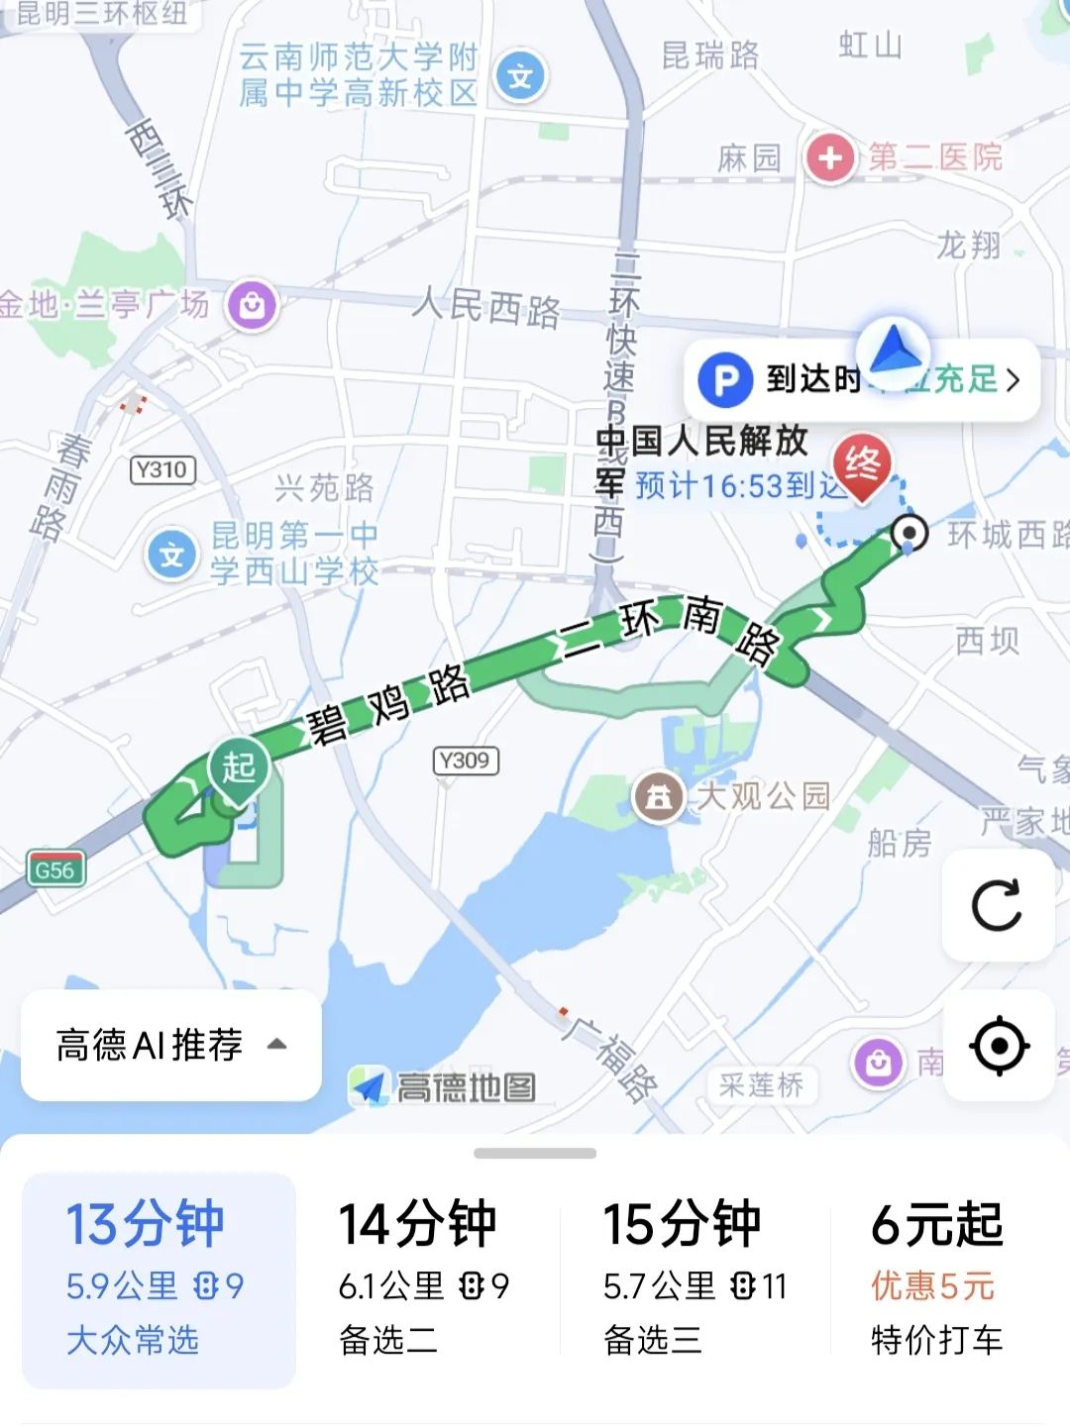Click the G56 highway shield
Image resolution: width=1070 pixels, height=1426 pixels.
click(55, 870)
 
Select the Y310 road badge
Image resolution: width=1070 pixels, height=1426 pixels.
click(162, 469)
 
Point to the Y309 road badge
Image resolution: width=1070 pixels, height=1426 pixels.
click(465, 761)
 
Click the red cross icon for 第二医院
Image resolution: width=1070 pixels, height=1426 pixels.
click(830, 157)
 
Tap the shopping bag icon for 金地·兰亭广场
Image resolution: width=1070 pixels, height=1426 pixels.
click(252, 305)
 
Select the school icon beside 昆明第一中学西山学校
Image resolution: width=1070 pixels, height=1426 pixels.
click(172, 555)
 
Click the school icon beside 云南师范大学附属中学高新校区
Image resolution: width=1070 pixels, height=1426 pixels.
click(520, 75)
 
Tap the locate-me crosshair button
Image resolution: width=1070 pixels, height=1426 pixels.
click(999, 1046)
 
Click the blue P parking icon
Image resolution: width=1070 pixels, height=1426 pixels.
click(725, 380)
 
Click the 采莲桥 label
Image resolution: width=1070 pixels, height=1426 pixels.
click(761, 1085)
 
